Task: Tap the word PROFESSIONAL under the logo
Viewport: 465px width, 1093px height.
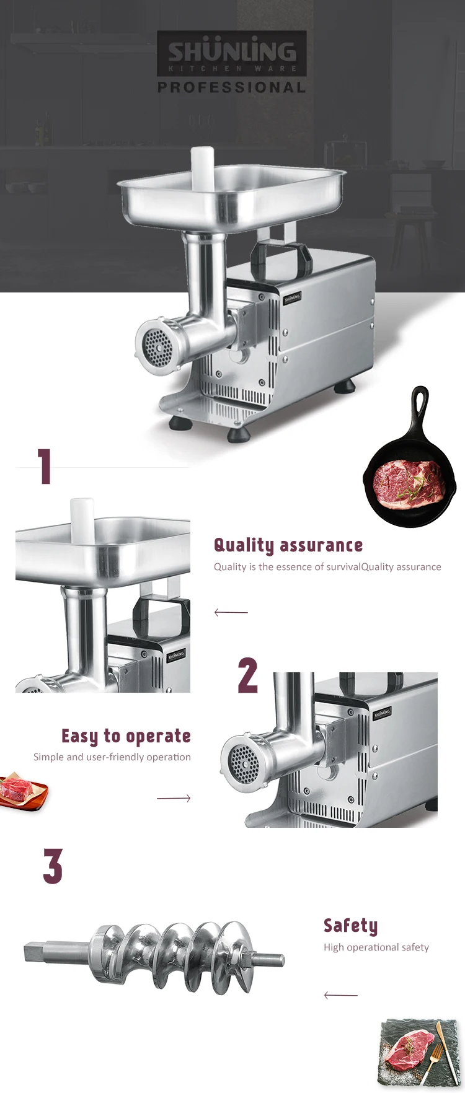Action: (x=231, y=87)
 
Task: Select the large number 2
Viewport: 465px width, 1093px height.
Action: (x=248, y=675)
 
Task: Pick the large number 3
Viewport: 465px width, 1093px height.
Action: (x=53, y=866)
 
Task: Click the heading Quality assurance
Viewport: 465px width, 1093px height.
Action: (x=288, y=545)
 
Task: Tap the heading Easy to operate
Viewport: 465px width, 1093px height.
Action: (x=126, y=736)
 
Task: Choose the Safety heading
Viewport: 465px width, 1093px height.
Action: (x=350, y=926)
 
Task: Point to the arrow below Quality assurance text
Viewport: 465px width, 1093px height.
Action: (x=231, y=612)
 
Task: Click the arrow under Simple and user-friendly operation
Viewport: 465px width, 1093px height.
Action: (x=174, y=798)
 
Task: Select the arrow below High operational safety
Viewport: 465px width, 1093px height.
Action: (x=340, y=995)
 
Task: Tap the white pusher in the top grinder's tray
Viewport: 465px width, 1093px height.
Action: (x=202, y=167)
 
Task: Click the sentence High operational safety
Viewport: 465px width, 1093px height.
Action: (x=376, y=947)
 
